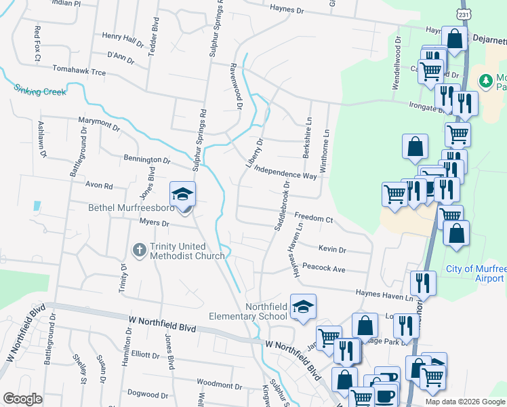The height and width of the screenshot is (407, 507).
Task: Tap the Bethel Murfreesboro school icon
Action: pos(182,195)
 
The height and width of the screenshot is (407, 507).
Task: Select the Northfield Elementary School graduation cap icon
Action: pos(303,307)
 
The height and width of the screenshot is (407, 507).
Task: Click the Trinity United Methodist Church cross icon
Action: pos(139,250)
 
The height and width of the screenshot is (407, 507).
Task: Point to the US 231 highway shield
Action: pos(463,14)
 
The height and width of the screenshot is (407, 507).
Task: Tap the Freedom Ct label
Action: pos(313,218)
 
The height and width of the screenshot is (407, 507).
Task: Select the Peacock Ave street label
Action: pos(324,269)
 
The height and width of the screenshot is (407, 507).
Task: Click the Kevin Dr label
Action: pos(332,250)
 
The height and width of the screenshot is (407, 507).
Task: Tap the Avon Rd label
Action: pos(98,185)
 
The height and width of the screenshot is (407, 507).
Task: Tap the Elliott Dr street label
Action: pos(144,354)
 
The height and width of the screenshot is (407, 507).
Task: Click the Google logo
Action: pos(22,399)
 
